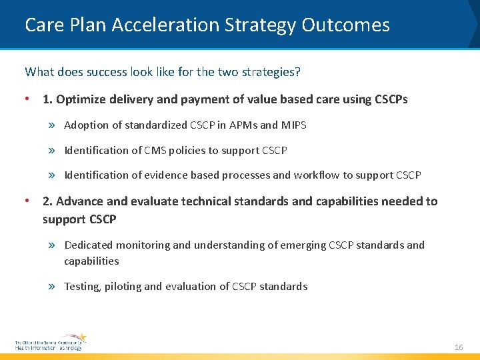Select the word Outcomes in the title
tap(345, 25)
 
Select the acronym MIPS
tap(294, 125)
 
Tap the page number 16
tap(459, 347)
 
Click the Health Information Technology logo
tap(51, 341)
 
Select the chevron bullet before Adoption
tap(53, 125)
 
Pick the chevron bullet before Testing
tap(53, 287)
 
